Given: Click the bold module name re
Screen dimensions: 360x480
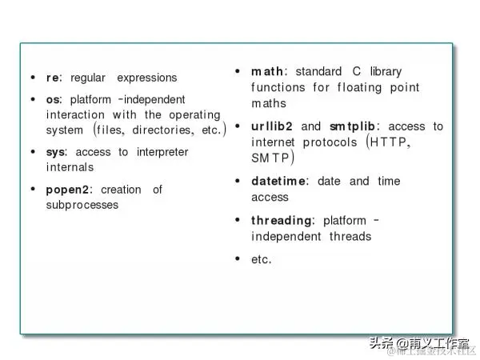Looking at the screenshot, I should (x=52, y=78).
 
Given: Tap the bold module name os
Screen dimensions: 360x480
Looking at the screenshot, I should (x=53, y=99).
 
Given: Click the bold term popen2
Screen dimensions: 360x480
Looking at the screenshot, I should (x=70, y=190).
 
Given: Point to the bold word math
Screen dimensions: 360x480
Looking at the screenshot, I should (x=267, y=72).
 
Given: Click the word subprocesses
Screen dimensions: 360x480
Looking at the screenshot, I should (x=82, y=205).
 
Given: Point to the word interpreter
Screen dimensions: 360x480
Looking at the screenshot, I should (x=162, y=152).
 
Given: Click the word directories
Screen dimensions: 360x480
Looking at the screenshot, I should (x=162, y=130).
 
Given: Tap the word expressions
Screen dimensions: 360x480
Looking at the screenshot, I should (x=147, y=78).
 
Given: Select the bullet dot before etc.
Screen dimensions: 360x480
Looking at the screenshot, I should (x=238, y=258).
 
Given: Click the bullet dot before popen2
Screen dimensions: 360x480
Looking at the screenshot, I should (x=32, y=190).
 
